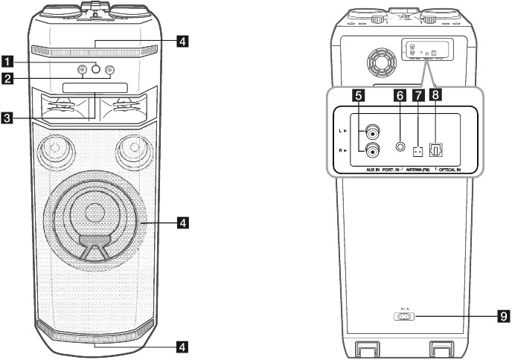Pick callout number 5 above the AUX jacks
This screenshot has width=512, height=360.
pos(358,96)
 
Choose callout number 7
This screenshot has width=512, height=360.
pos(418,96)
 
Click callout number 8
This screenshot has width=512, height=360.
pos(438,96)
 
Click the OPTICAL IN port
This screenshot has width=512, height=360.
pos(438,151)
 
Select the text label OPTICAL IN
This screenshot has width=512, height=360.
pos(452,170)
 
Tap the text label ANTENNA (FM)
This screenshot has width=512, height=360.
pos(419,170)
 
